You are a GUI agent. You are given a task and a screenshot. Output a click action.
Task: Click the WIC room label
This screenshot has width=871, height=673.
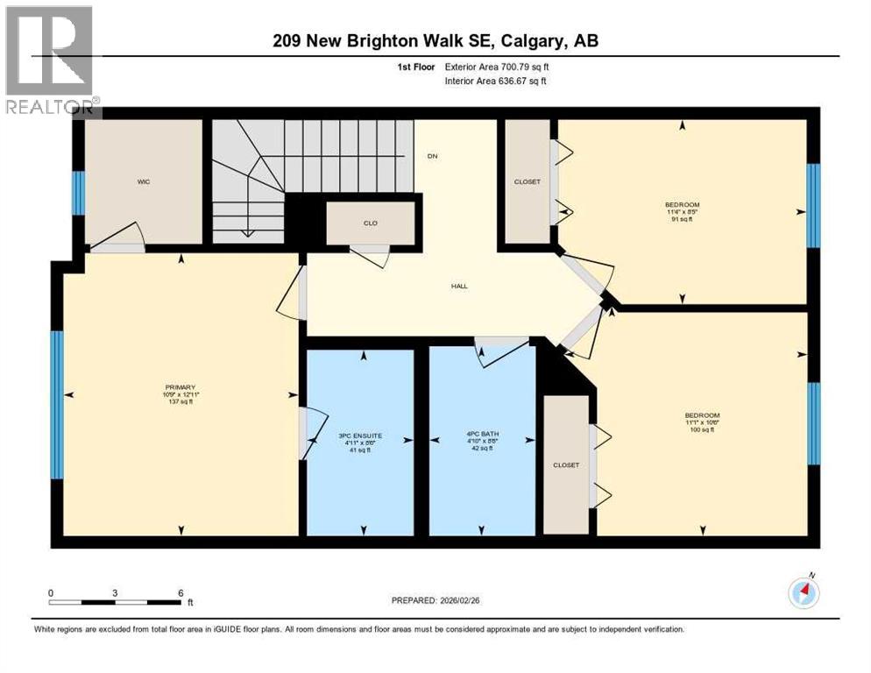(145, 182)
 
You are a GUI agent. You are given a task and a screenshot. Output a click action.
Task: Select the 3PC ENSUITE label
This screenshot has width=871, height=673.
(359, 434)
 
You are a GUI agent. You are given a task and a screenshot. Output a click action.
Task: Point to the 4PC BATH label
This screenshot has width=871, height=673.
(480, 434)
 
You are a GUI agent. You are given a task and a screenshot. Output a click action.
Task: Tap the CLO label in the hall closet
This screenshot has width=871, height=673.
(371, 223)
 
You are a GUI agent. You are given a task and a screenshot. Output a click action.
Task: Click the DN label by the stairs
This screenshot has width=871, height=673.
(432, 157)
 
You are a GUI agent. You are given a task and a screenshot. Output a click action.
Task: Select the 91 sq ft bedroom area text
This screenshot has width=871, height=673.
(682, 219)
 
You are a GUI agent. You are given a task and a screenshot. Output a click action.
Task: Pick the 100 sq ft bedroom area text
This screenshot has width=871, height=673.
(702, 429)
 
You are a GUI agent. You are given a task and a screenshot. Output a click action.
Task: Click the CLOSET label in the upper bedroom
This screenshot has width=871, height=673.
(527, 181)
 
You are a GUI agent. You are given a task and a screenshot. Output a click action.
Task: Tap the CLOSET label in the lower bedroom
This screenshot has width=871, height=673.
(566, 464)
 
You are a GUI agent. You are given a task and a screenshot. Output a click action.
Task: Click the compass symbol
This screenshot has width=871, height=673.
(804, 593)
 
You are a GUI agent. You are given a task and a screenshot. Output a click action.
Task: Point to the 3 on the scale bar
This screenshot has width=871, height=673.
(115, 592)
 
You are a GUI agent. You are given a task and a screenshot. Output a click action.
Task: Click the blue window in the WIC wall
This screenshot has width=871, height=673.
(78, 193)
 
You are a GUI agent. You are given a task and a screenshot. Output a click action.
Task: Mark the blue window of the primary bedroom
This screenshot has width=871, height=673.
(57, 405)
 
